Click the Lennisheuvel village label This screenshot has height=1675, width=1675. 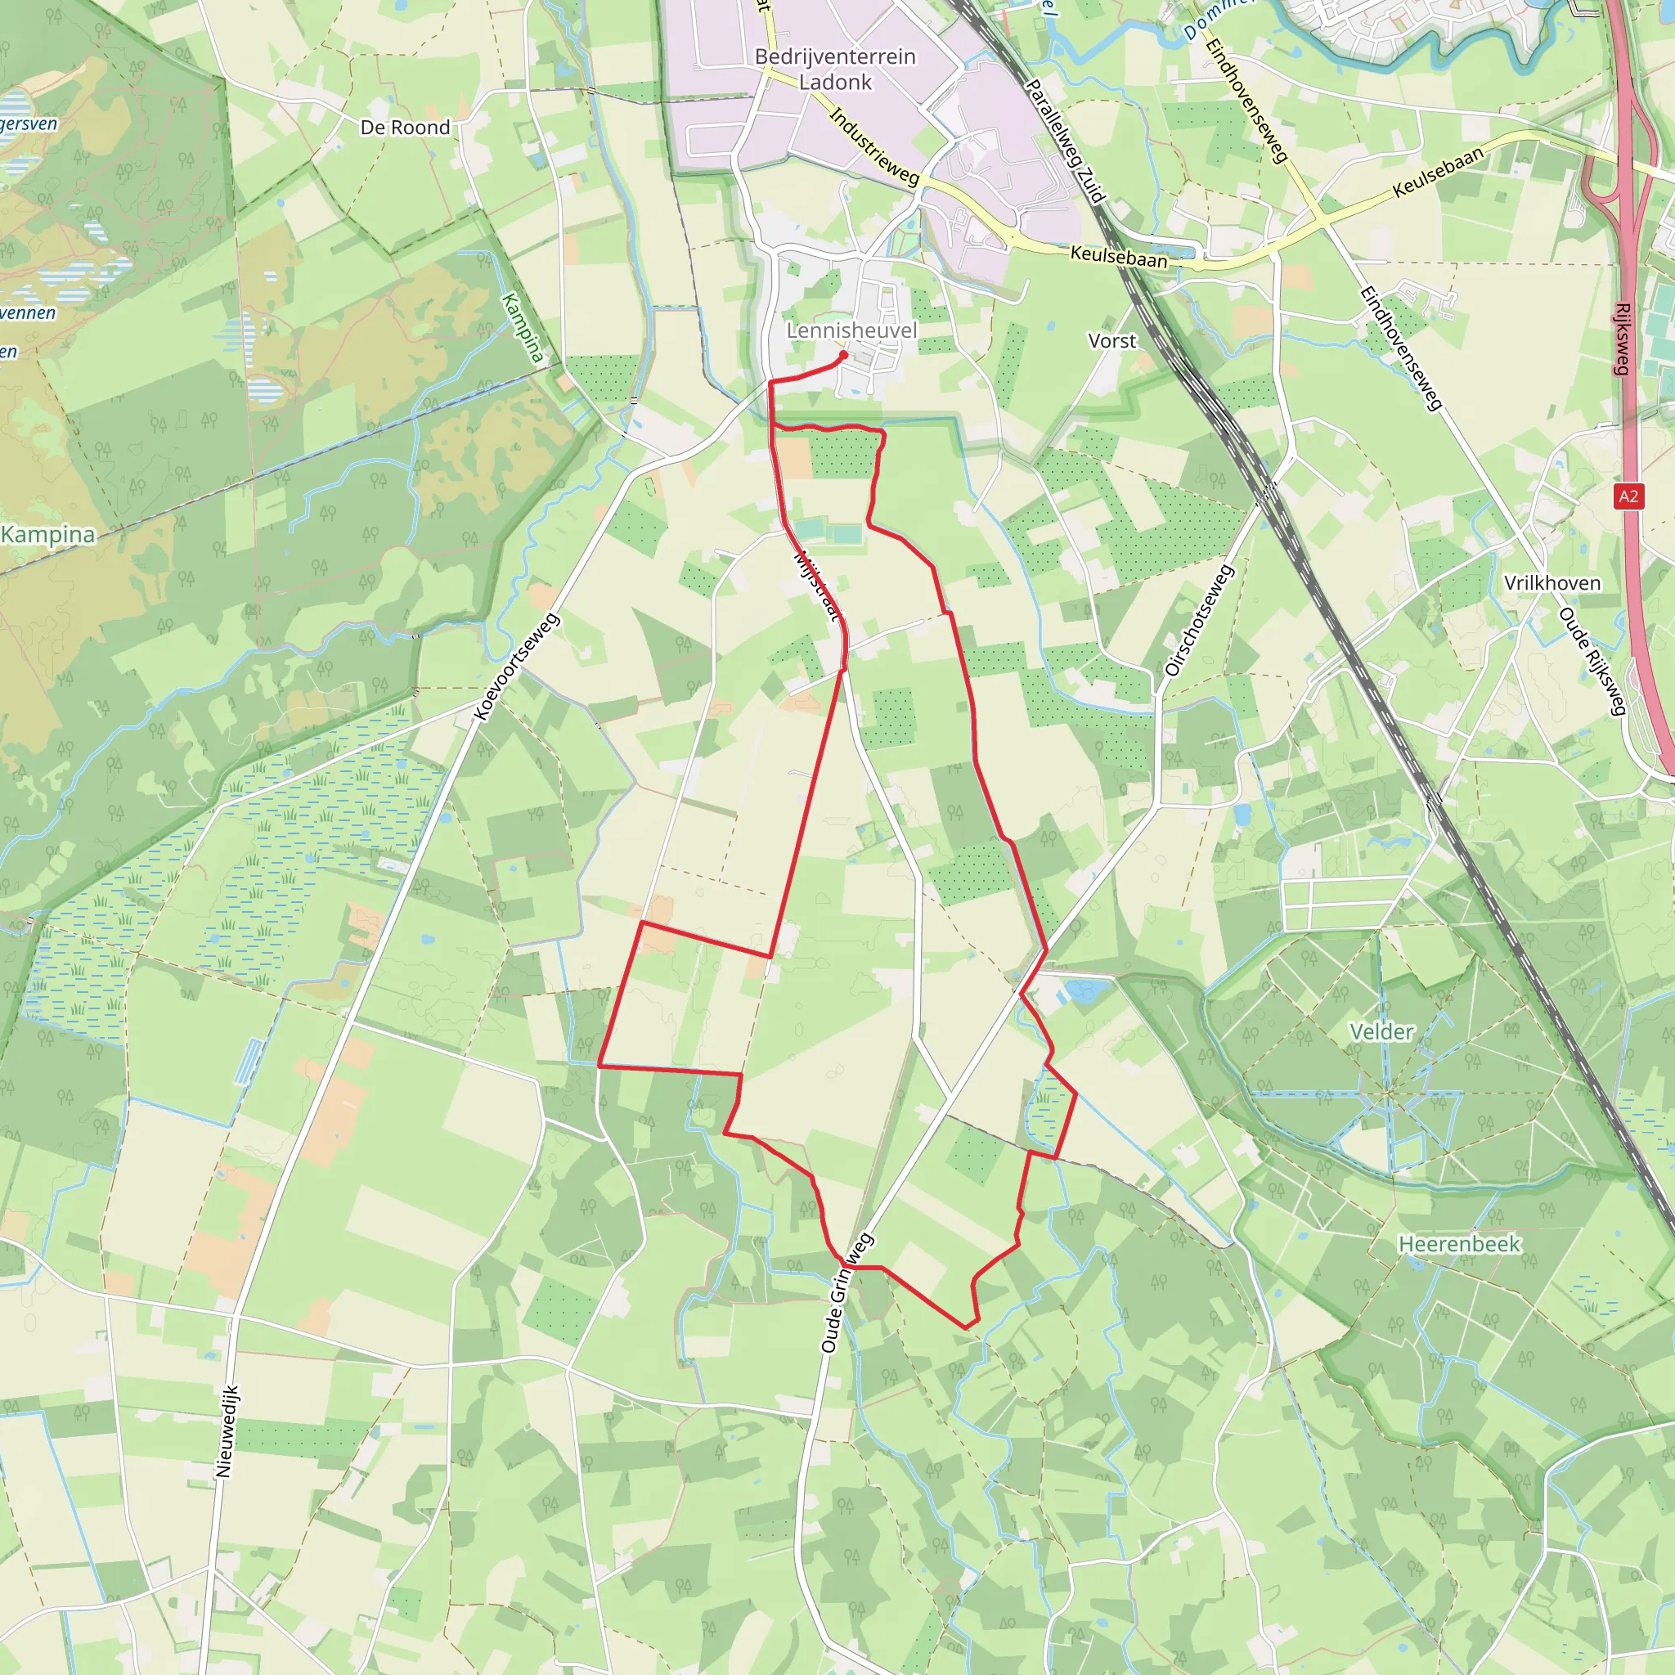pyautogui.click(x=851, y=330)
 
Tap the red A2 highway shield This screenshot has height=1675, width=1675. pyautogui.click(x=1628, y=496)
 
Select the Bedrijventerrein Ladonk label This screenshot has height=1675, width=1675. pyautogui.click(x=835, y=69)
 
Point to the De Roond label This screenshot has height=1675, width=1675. pyautogui.click(x=405, y=128)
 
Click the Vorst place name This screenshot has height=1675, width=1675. pyautogui.click(x=1111, y=341)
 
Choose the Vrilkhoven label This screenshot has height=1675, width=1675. pyautogui.click(x=1552, y=582)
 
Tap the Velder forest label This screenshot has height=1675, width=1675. pyautogui.click(x=1381, y=1031)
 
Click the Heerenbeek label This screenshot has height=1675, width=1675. pyautogui.click(x=1459, y=1244)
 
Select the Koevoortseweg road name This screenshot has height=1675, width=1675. pyautogui.click(x=518, y=667)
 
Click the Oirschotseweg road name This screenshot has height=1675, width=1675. pyautogui.click(x=1199, y=621)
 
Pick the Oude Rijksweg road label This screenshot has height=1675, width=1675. pyautogui.click(x=1590, y=662)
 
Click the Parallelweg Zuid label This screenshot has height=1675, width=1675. pyautogui.click(x=1065, y=141)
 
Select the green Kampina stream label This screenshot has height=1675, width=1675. pyautogui.click(x=523, y=328)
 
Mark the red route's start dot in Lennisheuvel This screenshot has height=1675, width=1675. pyautogui.click(x=843, y=355)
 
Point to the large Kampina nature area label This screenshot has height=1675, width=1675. pyautogui.click(x=47, y=534)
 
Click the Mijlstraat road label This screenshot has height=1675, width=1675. pyautogui.click(x=818, y=586)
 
